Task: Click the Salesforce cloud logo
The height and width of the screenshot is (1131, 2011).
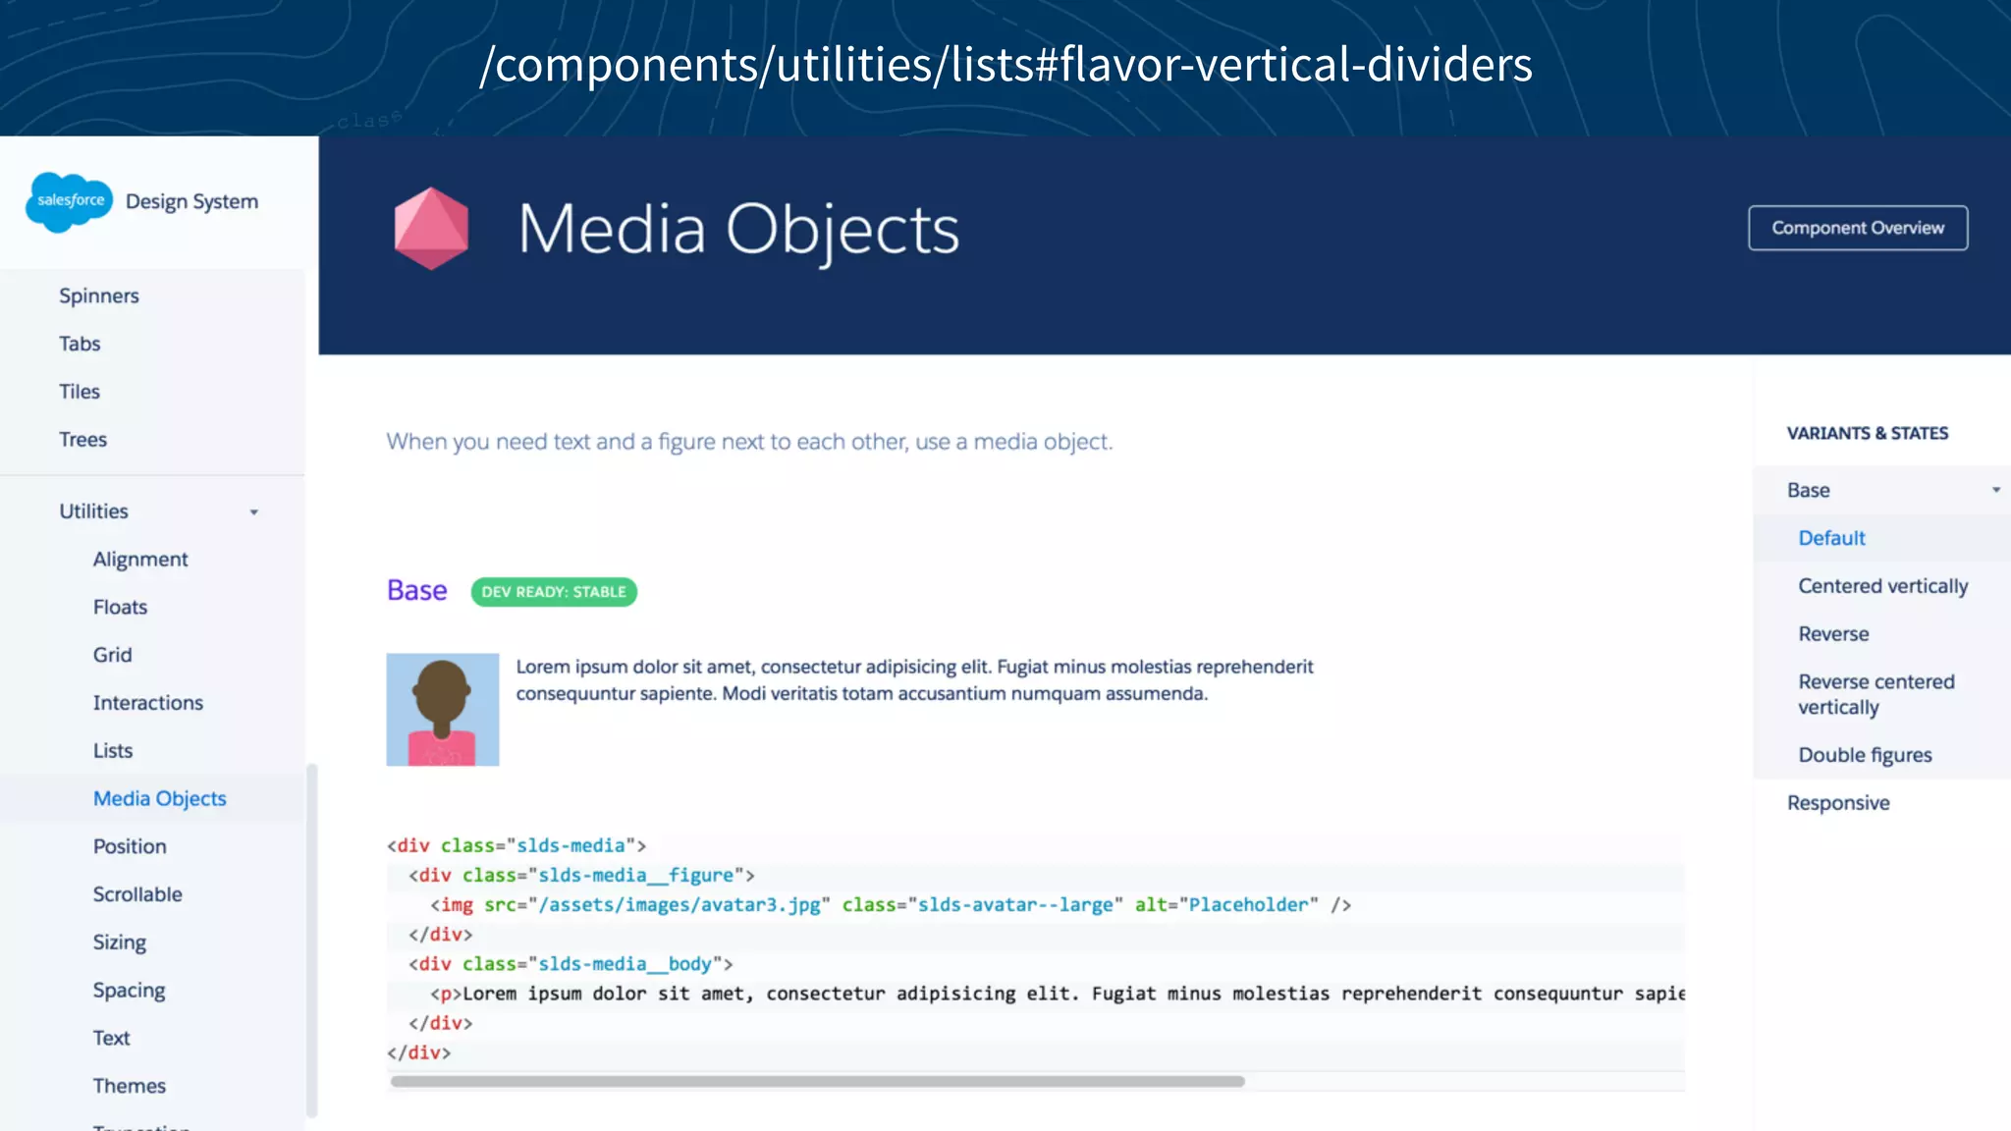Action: (70, 201)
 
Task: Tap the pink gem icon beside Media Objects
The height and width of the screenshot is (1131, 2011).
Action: (431, 229)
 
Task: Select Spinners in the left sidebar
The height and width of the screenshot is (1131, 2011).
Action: (99, 296)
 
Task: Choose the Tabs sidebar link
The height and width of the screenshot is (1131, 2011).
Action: (80, 344)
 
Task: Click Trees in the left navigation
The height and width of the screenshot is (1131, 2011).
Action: (82, 439)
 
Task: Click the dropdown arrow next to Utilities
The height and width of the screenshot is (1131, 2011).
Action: (254, 512)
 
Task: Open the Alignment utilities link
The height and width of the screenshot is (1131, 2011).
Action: (140, 559)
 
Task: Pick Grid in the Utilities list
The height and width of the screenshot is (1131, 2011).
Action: (112, 655)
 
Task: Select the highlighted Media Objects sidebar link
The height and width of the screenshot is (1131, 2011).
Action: (159, 798)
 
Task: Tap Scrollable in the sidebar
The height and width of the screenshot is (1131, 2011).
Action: (137, 894)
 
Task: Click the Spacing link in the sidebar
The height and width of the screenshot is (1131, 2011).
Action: (129, 990)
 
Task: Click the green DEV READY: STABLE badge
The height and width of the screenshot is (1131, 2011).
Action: (554, 592)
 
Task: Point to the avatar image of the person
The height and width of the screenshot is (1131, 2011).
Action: (443, 710)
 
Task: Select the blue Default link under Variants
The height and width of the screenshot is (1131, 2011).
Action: (1831, 538)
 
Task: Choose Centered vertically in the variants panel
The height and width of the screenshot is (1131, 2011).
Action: (1882, 586)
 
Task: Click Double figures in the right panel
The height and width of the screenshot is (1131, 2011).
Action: (1865, 755)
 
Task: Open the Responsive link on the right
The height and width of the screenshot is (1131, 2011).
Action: (1838, 803)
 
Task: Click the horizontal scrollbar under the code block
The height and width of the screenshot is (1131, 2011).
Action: (817, 1081)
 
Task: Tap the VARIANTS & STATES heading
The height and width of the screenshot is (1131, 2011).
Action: (1867, 433)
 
